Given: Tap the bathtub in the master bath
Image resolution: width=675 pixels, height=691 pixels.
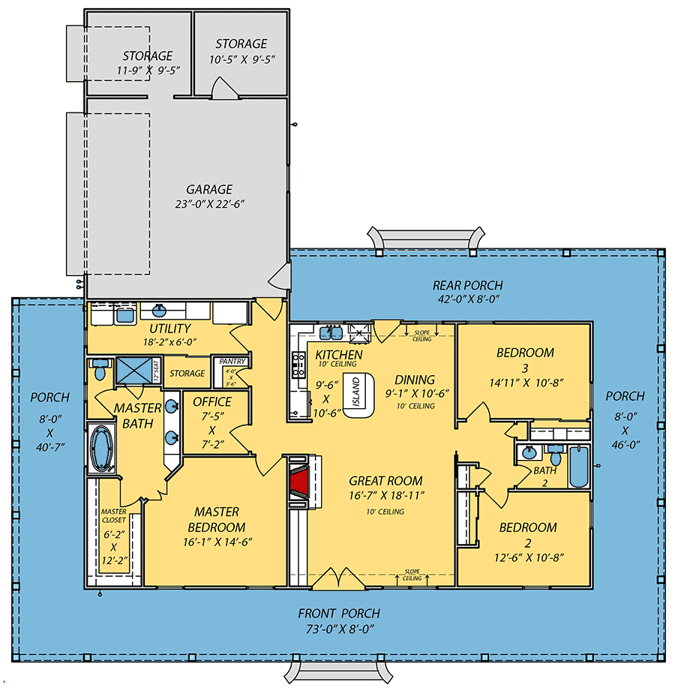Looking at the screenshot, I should pyautogui.click(x=101, y=449).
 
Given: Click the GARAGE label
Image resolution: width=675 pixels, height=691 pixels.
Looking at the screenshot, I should pyautogui.click(x=209, y=190).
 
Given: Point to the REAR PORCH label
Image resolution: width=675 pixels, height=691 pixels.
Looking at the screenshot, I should pyautogui.click(x=467, y=285).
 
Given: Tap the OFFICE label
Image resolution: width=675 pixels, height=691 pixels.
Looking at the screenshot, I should pyautogui.click(x=212, y=402).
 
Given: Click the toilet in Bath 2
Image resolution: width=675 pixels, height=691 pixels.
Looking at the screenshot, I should pyautogui.click(x=556, y=455).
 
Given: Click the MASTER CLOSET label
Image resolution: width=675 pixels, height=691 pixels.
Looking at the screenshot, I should pyautogui.click(x=114, y=515).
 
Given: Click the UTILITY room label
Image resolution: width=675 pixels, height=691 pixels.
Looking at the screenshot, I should pyautogui.click(x=169, y=328).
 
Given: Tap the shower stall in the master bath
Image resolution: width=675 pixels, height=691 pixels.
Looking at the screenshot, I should pyautogui.click(x=134, y=370).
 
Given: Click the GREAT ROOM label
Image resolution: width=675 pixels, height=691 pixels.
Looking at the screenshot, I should pyautogui.click(x=385, y=481).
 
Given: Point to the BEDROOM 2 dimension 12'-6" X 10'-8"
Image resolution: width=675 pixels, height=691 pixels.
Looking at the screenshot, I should pyautogui.click(x=529, y=557).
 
